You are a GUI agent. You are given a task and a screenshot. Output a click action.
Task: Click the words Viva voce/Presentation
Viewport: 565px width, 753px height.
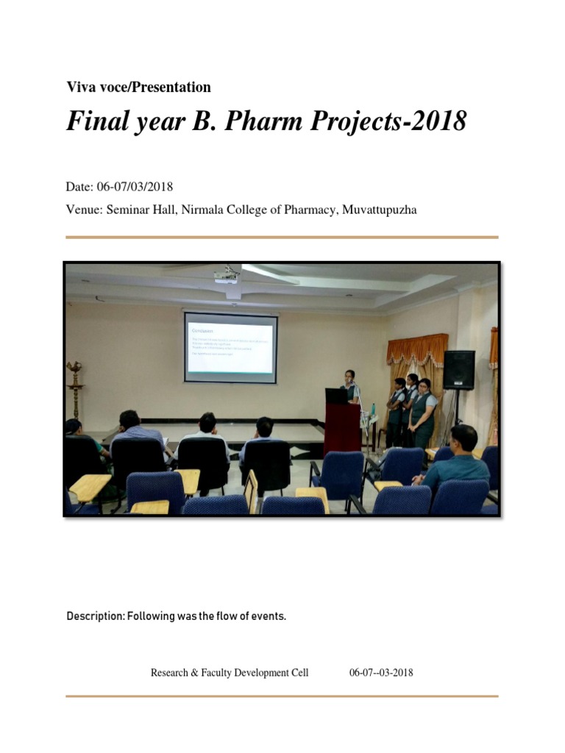[x=138, y=88]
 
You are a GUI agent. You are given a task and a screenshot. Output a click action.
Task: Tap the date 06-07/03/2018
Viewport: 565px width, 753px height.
[x=135, y=187]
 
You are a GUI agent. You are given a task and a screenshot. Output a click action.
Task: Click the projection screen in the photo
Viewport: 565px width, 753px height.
[x=230, y=348]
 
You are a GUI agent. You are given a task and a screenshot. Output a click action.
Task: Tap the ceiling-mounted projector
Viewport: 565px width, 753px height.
[x=227, y=276]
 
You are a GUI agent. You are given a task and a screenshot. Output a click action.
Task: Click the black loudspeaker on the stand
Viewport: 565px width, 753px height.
[x=458, y=369]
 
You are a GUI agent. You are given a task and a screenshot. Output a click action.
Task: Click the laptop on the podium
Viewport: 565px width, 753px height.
[x=337, y=396]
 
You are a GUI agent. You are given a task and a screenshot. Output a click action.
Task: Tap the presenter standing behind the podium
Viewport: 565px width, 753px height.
[x=350, y=385]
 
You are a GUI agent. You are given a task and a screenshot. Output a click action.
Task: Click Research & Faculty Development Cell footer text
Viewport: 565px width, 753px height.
[x=230, y=672]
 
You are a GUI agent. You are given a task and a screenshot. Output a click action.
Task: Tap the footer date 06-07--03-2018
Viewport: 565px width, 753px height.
[x=381, y=672]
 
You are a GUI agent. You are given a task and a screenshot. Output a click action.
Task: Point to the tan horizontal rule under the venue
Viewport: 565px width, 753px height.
[x=282, y=238]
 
